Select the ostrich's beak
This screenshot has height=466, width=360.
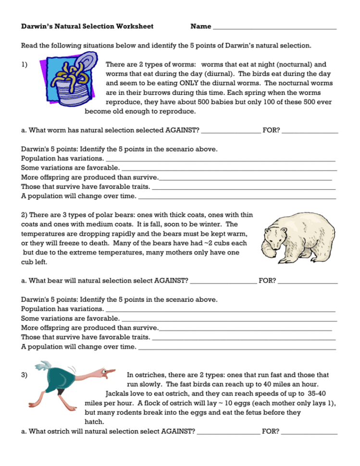pyautogui.click(x=110, y=372)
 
